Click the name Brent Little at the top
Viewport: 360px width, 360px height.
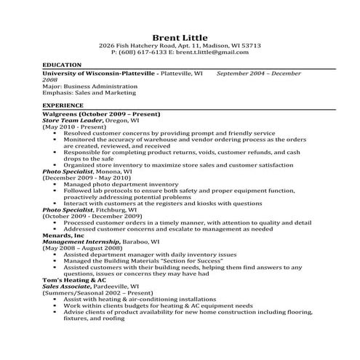pyautogui.click(x=180, y=37)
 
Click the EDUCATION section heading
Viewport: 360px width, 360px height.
pyautogui.click(x=63, y=65)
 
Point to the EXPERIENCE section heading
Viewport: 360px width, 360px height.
pyautogui.click(x=64, y=105)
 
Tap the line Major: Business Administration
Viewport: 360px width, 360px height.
pyautogui.click(x=90, y=86)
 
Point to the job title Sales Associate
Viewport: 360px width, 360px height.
pyautogui.click(x=70, y=287)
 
